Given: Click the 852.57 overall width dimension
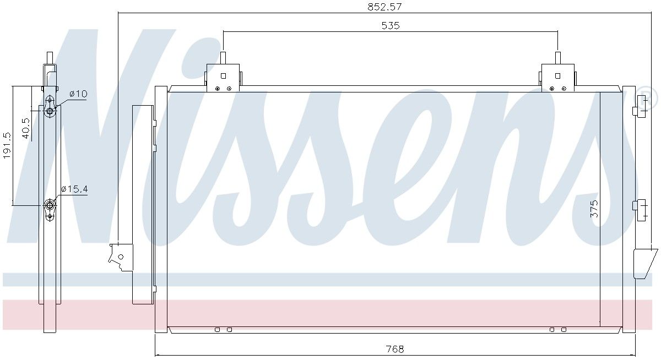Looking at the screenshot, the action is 384,7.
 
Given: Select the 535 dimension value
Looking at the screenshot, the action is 391,26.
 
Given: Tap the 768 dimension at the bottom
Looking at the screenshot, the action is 395,350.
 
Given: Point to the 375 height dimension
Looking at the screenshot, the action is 594,209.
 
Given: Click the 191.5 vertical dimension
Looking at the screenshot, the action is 7,145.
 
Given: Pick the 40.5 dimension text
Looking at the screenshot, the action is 26,128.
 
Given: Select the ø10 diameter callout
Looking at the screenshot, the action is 78,94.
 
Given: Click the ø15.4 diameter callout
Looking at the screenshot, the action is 74,189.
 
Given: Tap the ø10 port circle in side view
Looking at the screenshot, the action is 50,111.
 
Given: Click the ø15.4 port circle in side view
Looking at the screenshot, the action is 49,205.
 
